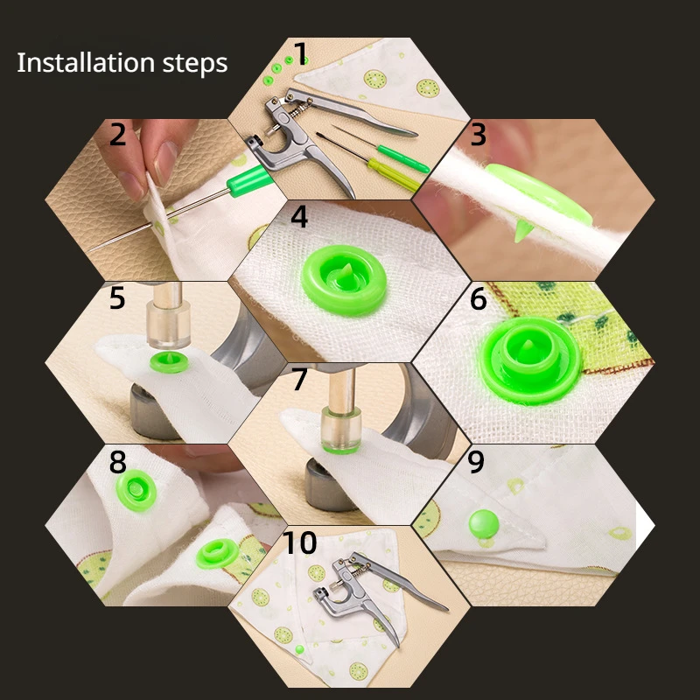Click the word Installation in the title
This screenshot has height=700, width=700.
[86, 62]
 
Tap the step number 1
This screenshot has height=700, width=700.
[301, 53]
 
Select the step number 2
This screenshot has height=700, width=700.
[118, 135]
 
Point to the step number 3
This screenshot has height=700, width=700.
[478, 135]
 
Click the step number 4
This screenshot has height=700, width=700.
[299, 217]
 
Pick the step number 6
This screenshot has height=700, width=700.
[478, 299]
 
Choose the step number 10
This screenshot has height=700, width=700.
[299, 542]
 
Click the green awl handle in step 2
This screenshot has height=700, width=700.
[249, 178]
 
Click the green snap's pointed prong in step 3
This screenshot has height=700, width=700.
[521, 231]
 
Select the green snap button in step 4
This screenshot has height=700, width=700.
[344, 280]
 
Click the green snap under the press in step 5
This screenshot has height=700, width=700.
[168, 361]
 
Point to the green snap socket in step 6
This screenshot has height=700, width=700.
[531, 360]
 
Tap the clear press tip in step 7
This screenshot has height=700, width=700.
[341, 430]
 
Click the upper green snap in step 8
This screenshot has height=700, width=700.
[136, 490]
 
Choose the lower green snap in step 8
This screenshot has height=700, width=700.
[217, 554]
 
